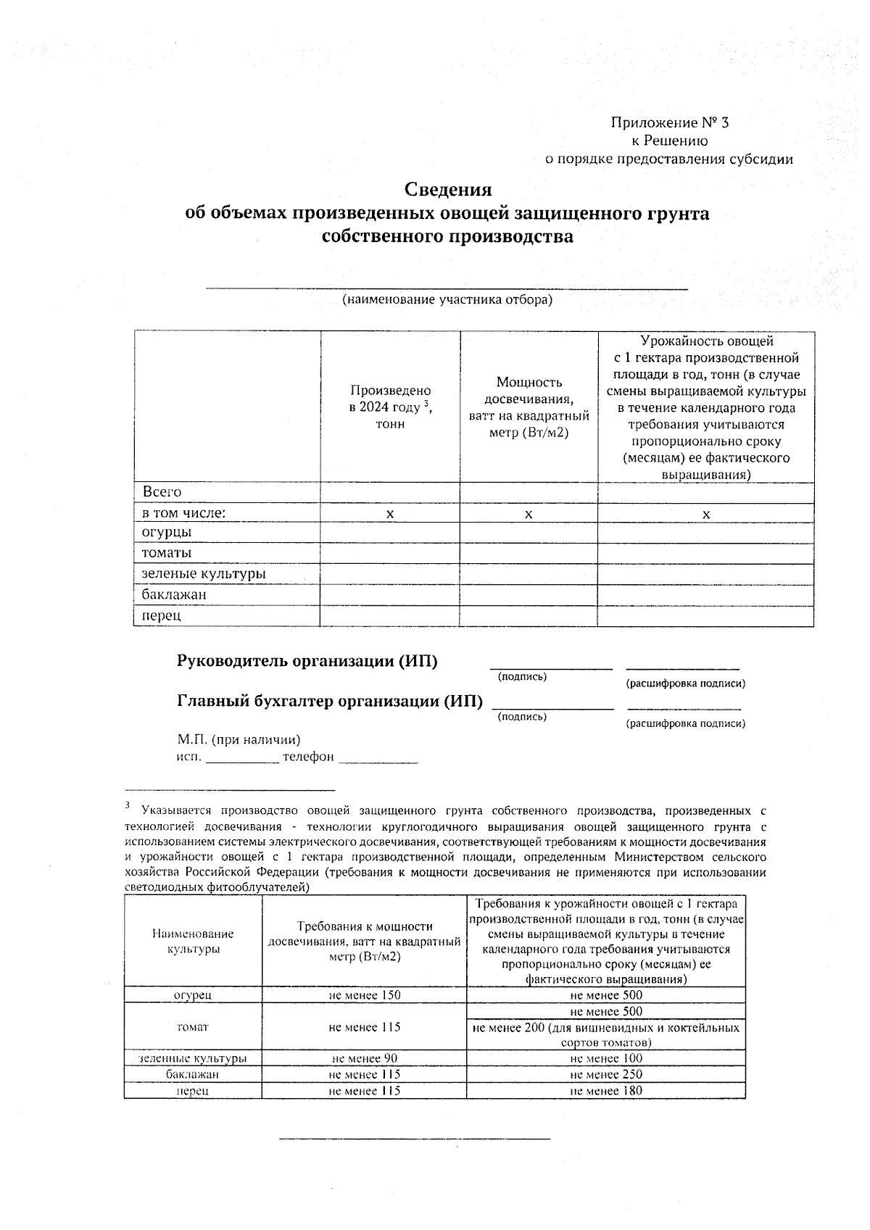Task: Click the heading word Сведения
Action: click(447, 190)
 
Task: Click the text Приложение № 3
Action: click(670, 122)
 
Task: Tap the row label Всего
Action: click(162, 492)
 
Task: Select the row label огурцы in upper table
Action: click(167, 532)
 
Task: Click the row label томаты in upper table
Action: click(167, 553)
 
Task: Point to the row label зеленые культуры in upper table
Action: click(204, 574)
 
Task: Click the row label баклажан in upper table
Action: click(174, 595)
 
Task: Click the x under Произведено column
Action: click(390, 514)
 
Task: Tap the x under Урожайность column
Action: click(705, 514)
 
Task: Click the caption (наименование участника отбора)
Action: click(447, 299)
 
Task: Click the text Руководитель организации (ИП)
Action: click(307, 661)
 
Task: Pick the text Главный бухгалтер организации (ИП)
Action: click(330, 701)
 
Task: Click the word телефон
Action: click(308, 757)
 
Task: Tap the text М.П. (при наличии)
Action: click(239, 739)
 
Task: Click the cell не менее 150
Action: click(364, 995)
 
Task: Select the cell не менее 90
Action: click(364, 1058)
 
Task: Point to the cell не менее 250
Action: click(606, 1074)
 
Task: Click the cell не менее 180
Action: click(606, 1090)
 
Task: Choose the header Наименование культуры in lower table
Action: click(193, 942)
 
